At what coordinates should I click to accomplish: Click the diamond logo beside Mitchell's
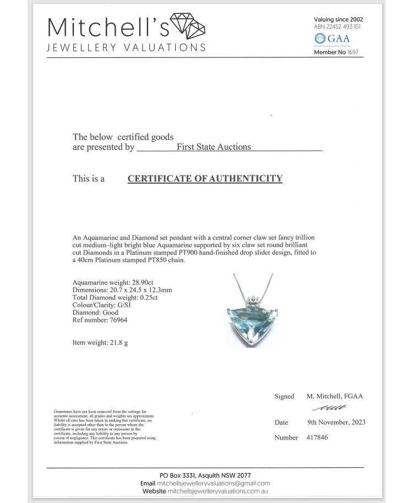pos(188,25)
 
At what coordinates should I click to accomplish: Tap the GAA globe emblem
pos(320,39)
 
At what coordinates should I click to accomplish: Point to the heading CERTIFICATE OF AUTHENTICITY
pos(205,179)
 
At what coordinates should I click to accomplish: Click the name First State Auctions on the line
pos(214,147)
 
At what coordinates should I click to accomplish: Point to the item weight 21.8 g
pos(118,343)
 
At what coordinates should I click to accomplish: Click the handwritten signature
pos(329,408)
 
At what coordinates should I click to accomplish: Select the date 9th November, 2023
pos(336,422)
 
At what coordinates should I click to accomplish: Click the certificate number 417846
pos(317,437)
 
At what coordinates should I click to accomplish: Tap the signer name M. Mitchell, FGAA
pos(334,396)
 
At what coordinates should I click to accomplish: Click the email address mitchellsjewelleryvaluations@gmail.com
pos(213,483)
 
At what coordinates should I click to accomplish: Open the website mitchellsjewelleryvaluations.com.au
pos(218,491)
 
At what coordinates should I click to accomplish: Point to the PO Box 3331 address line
pos(205,475)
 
